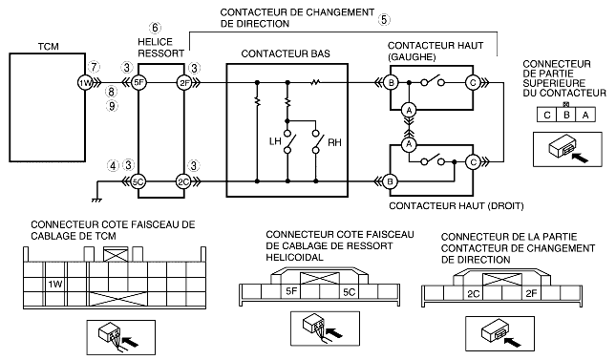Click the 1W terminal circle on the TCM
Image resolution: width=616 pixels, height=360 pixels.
(85, 83)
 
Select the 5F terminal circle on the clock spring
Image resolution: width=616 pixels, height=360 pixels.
(138, 83)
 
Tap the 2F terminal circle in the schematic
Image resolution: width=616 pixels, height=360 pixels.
(184, 83)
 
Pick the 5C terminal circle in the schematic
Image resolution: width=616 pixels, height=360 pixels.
(138, 181)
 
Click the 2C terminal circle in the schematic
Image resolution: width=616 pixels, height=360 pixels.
(183, 181)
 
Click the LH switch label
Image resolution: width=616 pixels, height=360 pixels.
(275, 141)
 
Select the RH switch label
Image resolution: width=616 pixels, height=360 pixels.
(334, 142)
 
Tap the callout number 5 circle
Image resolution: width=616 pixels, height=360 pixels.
(384, 19)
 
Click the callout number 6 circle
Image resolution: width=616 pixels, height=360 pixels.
(155, 28)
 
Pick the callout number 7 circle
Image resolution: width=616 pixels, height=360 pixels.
(94, 67)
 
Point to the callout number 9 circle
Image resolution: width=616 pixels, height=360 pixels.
(113, 106)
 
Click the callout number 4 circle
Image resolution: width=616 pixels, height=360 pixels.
(113, 166)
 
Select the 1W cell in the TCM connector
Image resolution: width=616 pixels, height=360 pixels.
(55, 284)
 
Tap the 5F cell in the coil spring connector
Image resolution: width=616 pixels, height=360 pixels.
(291, 291)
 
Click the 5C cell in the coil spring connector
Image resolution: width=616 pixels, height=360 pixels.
(349, 291)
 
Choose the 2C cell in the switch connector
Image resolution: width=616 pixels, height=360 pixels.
(474, 293)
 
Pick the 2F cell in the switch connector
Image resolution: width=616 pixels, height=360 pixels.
(531, 293)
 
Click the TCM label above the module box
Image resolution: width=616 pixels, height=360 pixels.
(49, 47)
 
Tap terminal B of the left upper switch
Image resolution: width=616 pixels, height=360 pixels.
(391, 83)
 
